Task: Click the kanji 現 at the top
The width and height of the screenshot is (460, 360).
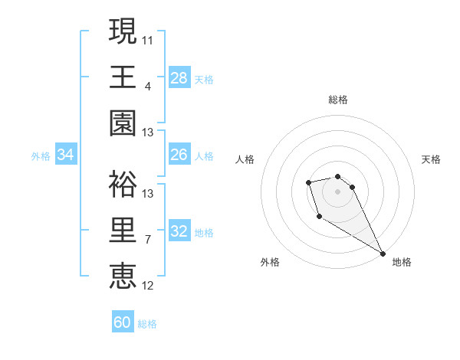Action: click(x=123, y=31)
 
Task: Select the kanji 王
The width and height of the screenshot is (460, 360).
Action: click(x=123, y=77)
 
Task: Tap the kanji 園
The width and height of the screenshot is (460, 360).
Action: click(x=123, y=123)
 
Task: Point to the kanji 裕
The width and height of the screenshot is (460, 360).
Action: click(x=123, y=184)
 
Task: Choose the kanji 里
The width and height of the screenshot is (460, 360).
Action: click(x=123, y=230)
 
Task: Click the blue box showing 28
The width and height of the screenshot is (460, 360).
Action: click(x=179, y=77)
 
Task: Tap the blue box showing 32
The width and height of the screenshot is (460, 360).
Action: click(x=179, y=232)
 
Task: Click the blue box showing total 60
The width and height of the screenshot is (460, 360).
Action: click(x=122, y=322)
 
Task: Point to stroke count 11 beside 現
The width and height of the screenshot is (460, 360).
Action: click(x=148, y=38)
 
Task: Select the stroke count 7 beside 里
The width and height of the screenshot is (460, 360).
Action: click(x=148, y=239)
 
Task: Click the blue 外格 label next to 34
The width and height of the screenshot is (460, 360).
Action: click(x=41, y=156)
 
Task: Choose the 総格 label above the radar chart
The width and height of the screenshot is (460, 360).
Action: click(x=338, y=100)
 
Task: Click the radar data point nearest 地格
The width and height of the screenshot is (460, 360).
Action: click(x=383, y=254)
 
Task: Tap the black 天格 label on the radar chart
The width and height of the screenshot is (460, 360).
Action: click(x=431, y=159)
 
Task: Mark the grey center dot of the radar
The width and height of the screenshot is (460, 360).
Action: click(x=338, y=191)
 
